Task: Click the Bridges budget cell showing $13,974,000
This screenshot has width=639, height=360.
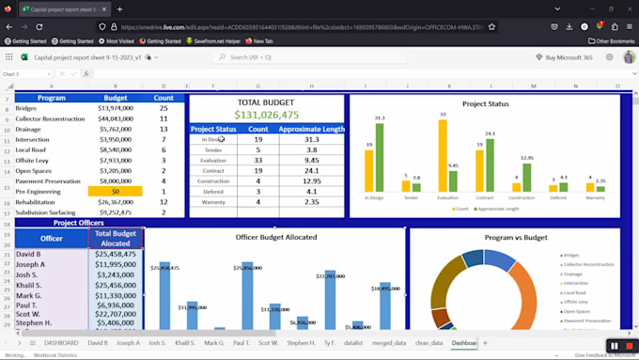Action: (x=116, y=108)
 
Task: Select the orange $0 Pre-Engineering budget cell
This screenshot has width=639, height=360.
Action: (x=116, y=191)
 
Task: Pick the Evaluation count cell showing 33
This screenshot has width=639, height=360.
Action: (x=257, y=160)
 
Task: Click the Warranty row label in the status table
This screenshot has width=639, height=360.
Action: (x=214, y=201)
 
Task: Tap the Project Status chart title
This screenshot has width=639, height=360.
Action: (x=485, y=103)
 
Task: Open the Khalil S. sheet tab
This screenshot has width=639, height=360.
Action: (x=185, y=343)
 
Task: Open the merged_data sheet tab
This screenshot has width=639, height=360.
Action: (x=388, y=343)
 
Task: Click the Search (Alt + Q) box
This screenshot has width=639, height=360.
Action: (x=282, y=57)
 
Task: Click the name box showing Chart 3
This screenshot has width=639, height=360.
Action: (x=23, y=73)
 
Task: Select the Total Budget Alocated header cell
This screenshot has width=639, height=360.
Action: (x=116, y=238)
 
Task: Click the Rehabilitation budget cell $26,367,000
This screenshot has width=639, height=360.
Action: (x=116, y=201)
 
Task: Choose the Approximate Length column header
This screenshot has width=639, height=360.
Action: (x=312, y=129)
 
